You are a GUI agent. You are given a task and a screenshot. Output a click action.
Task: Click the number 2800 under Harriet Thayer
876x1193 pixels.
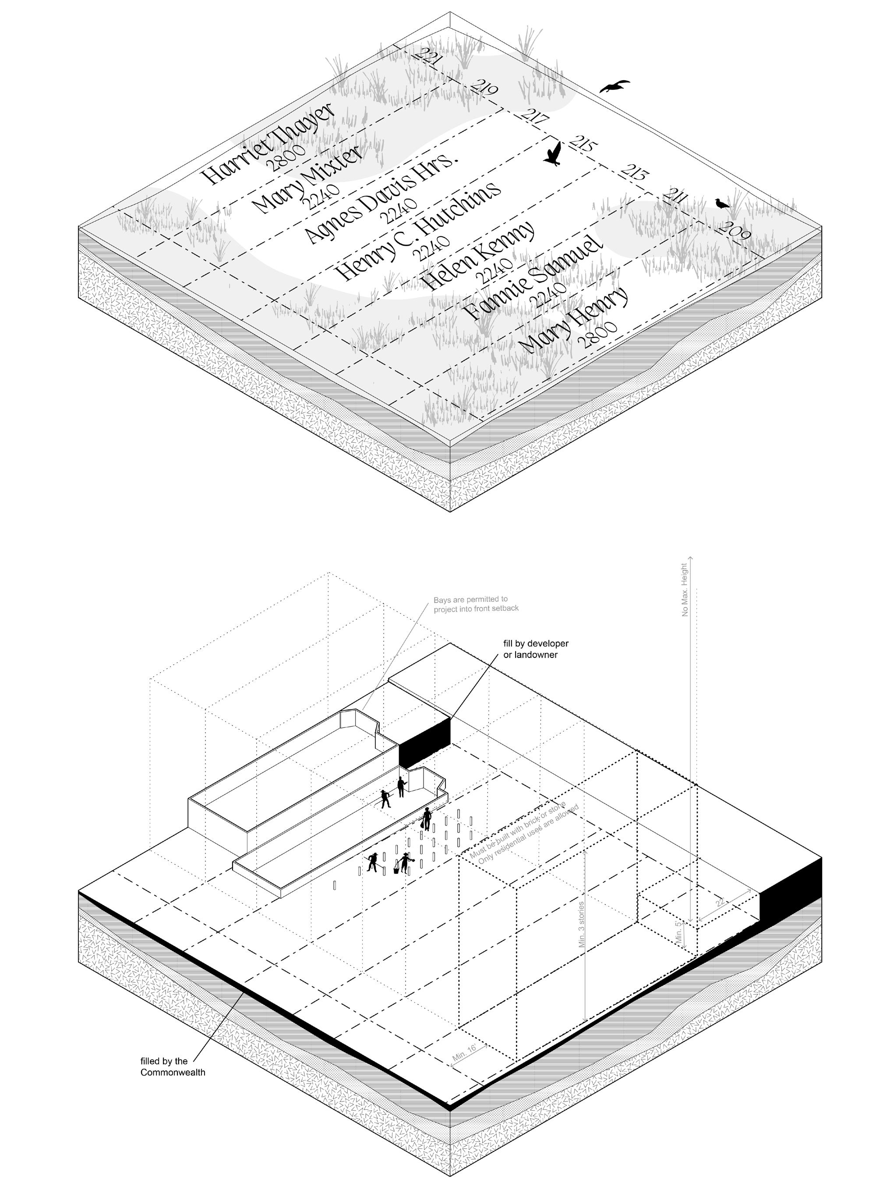(286, 158)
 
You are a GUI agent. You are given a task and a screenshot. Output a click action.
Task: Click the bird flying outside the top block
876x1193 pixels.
(615, 86)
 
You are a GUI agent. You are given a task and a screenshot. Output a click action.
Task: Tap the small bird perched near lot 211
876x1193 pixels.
(721, 204)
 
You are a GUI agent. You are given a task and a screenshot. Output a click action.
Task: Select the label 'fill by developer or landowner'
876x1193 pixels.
(536, 649)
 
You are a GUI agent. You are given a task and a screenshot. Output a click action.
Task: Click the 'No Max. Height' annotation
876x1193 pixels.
(685, 590)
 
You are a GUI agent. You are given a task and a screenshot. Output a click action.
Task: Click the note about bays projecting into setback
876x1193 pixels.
(476, 604)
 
